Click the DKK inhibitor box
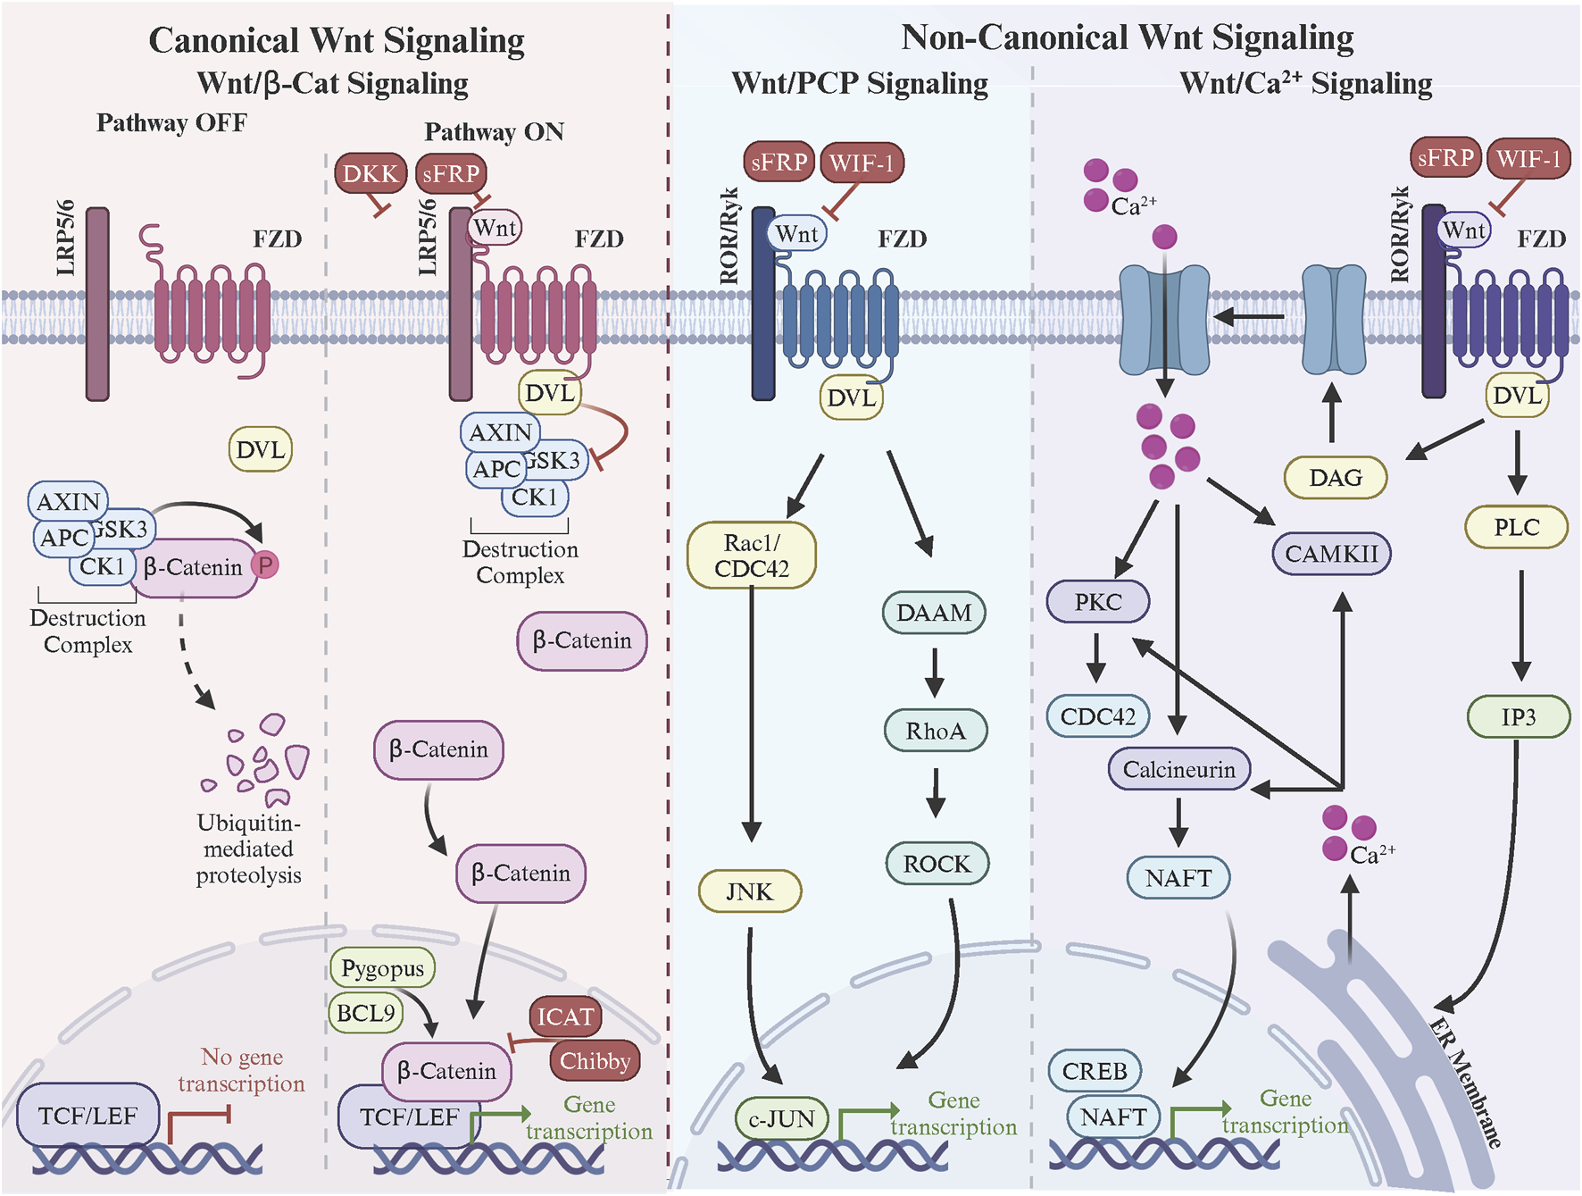click(371, 172)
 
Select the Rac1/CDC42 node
click(752, 556)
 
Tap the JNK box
click(750, 891)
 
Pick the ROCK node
click(937, 864)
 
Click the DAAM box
click(934, 613)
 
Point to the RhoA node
click(936, 731)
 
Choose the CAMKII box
click(1331, 554)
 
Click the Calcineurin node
click(1179, 769)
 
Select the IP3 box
click(1519, 716)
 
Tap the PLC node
click(1517, 527)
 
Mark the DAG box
click(1336, 477)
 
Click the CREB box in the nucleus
click(1095, 1070)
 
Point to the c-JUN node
click(782, 1118)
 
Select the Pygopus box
click(383, 968)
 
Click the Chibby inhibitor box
click(595, 1060)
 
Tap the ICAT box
click(565, 1016)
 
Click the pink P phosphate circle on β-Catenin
click(265, 565)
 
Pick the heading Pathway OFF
click(171, 122)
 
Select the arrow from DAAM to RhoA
click(935, 673)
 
